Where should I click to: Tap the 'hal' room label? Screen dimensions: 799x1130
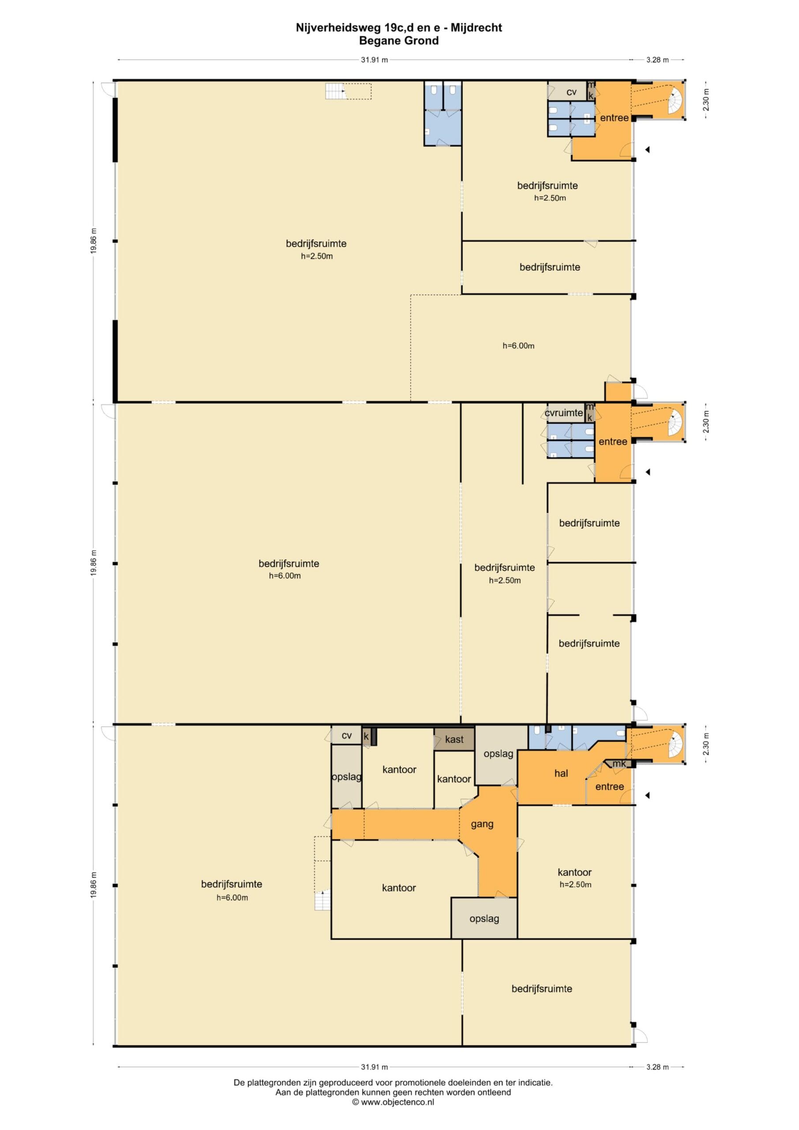click(x=561, y=773)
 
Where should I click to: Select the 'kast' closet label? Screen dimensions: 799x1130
click(x=454, y=739)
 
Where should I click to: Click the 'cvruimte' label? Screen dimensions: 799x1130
click(x=564, y=412)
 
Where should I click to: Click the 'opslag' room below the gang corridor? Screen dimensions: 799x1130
click(x=484, y=919)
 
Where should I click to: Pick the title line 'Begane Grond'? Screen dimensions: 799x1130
click(x=398, y=41)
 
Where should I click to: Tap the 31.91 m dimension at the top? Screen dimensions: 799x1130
click(x=375, y=60)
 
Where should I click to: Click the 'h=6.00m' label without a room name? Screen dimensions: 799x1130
click(x=518, y=346)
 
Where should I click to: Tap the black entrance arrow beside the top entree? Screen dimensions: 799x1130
click(x=648, y=150)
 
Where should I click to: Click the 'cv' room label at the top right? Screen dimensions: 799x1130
click(x=571, y=92)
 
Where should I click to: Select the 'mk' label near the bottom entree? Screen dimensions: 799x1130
click(x=619, y=763)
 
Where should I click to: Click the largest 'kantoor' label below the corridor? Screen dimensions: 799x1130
click(x=399, y=888)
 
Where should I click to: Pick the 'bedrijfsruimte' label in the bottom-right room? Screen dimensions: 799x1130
click(x=542, y=989)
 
